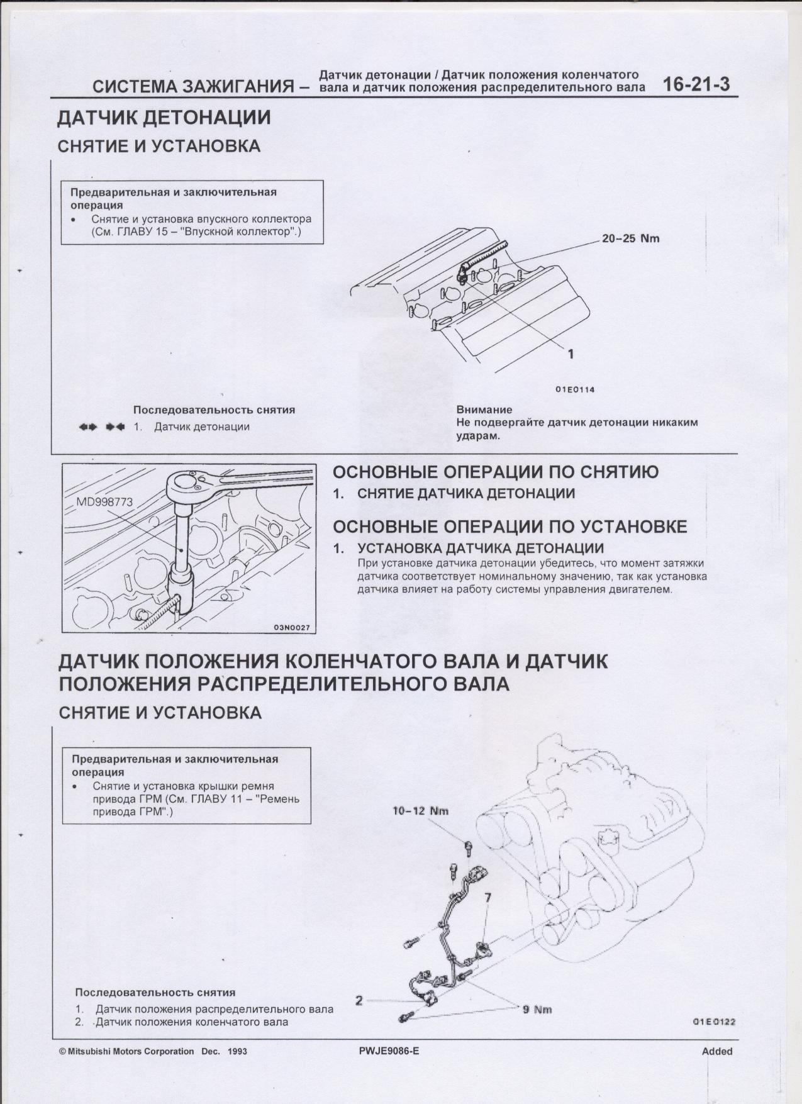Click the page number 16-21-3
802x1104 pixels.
pos(696,85)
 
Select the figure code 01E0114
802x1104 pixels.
pos(574,389)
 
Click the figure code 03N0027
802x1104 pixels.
pos(292,628)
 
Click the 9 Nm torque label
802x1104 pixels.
pos(537,1010)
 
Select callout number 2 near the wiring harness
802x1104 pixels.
pos(359,1000)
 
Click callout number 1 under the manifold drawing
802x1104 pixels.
pos(571,354)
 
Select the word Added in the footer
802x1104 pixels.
pos(717,1051)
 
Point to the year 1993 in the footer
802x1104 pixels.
pos(237,1051)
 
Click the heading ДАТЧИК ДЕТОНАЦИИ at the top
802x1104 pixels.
pos(164,118)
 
